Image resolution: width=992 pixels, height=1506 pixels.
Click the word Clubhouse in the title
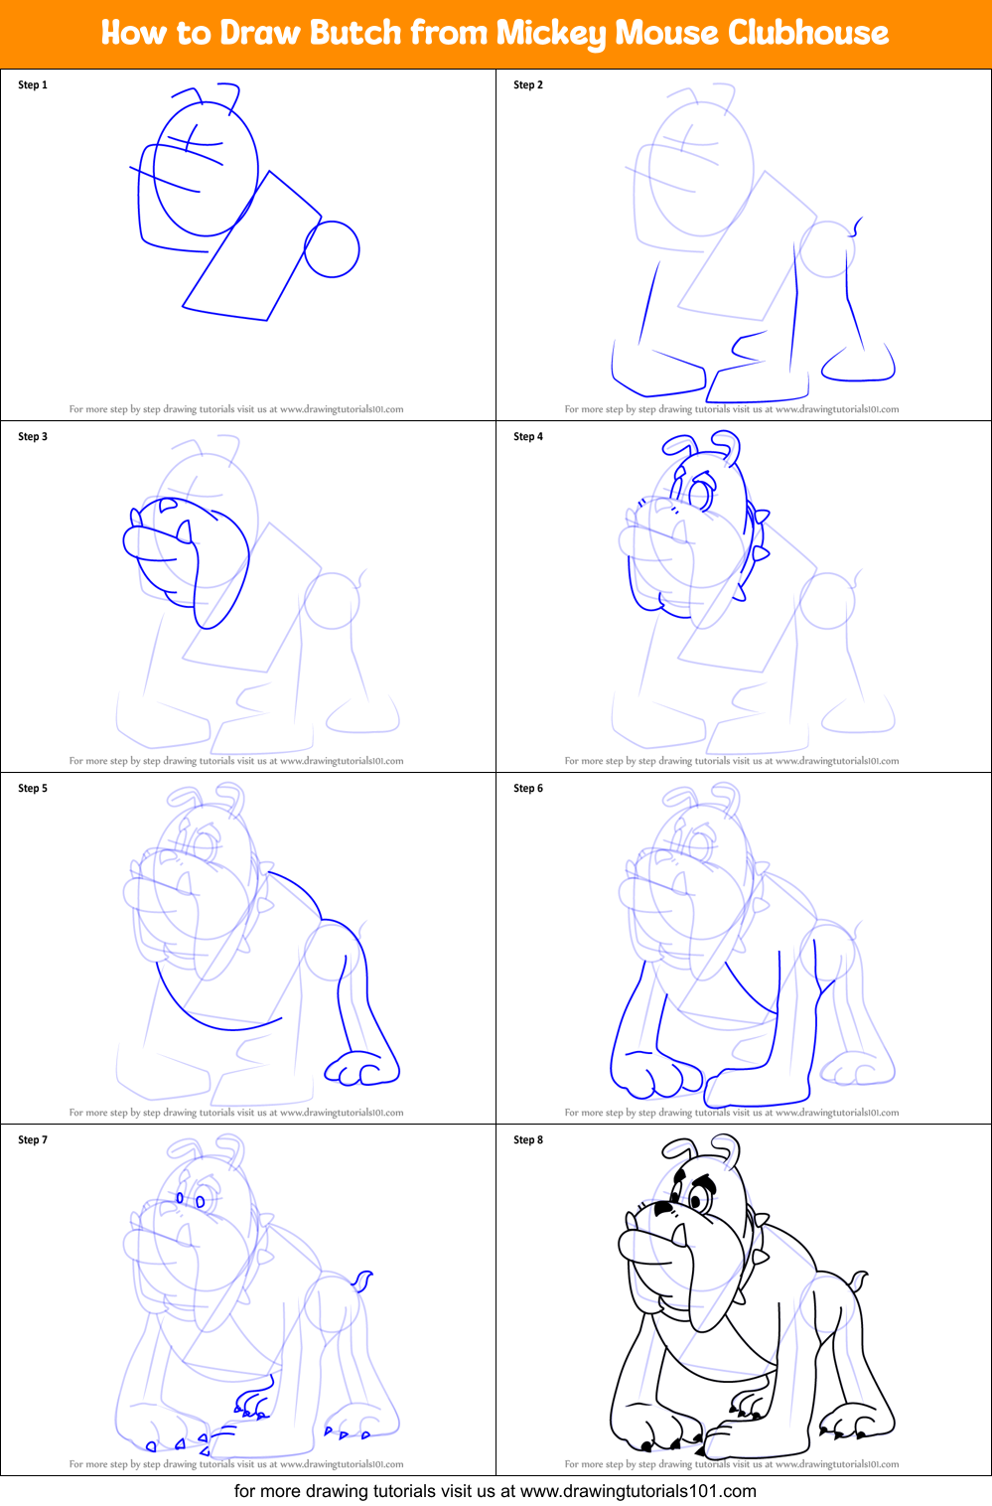click(807, 33)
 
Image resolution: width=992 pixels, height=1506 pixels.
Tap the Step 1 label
click(33, 85)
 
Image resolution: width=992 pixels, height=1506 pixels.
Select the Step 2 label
click(528, 85)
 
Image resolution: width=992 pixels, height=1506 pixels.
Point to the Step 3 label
click(33, 437)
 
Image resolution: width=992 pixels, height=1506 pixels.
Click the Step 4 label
click(528, 437)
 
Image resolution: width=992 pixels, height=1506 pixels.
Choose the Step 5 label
click(33, 789)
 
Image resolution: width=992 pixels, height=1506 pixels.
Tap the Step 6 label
click(528, 789)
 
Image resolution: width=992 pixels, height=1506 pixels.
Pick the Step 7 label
click(33, 1140)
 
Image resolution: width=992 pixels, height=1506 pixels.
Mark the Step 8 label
click(528, 1140)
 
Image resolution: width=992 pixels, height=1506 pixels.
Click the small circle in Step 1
click(332, 248)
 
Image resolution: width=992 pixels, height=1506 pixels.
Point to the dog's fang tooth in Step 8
click(680, 1235)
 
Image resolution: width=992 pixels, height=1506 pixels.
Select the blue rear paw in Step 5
click(359, 1069)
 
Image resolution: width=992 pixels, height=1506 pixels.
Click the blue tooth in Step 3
click(184, 532)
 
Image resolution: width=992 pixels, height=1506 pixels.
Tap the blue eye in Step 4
click(701, 494)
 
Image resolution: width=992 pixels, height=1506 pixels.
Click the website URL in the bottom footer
click(638, 1491)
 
